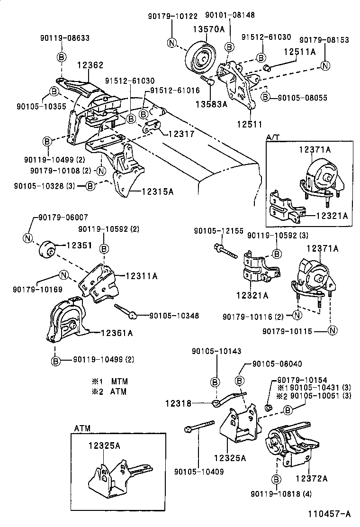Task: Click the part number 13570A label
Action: [x=208, y=29]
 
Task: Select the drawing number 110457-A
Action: [x=330, y=514]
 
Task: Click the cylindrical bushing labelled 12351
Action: [x=47, y=249]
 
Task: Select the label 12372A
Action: [x=311, y=478]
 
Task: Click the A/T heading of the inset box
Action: [x=272, y=137]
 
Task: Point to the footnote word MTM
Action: [x=119, y=381]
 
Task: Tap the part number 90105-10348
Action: [x=174, y=315]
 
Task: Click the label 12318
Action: [x=178, y=404]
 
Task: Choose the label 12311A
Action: [x=142, y=275]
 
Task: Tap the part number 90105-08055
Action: [x=301, y=97]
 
